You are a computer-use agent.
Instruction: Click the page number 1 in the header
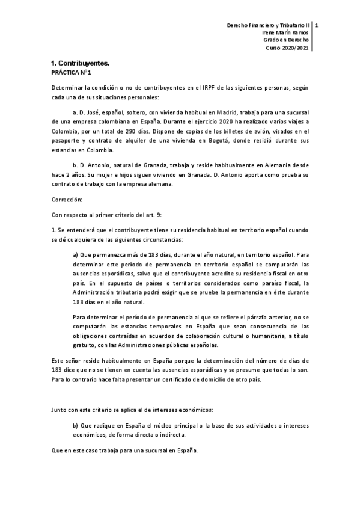click(x=316, y=26)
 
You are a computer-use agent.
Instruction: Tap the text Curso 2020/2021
click(x=287, y=48)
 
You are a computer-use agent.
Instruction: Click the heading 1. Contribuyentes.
click(x=79, y=63)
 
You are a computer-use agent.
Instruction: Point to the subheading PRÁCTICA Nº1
click(x=70, y=72)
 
